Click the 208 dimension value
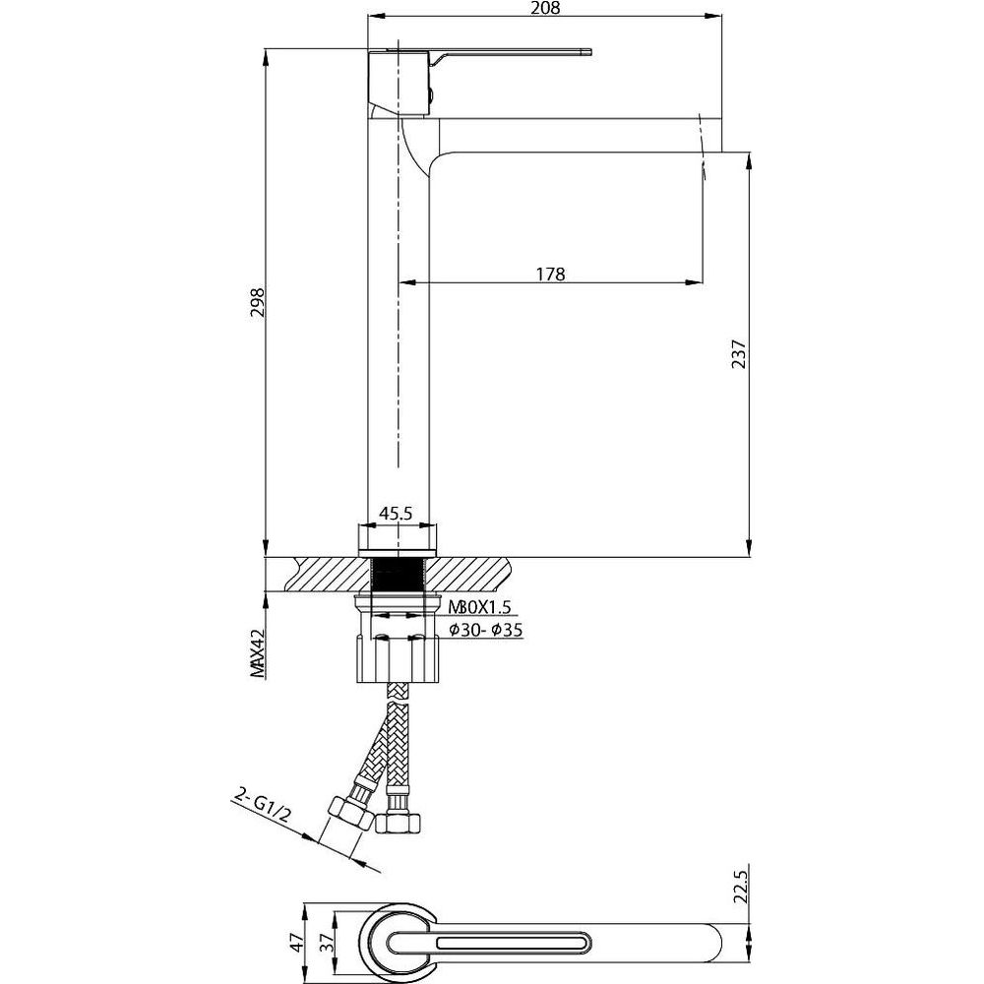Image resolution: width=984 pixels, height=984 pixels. click(544, 8)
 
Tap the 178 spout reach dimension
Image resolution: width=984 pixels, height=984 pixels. click(550, 275)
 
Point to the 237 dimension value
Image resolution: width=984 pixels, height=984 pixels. click(739, 354)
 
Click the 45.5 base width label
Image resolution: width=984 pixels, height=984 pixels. click(396, 514)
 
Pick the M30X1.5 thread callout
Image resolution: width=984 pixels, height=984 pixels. click(480, 607)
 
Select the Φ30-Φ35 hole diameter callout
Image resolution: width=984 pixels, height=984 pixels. click(486, 630)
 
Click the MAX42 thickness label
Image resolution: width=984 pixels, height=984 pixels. click(258, 653)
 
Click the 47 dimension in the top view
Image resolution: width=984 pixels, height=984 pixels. click(297, 943)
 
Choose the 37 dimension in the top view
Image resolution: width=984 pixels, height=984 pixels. click(327, 943)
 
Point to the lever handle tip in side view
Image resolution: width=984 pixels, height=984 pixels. click(589, 52)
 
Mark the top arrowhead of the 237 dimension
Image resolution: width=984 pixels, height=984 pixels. click(750, 159)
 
